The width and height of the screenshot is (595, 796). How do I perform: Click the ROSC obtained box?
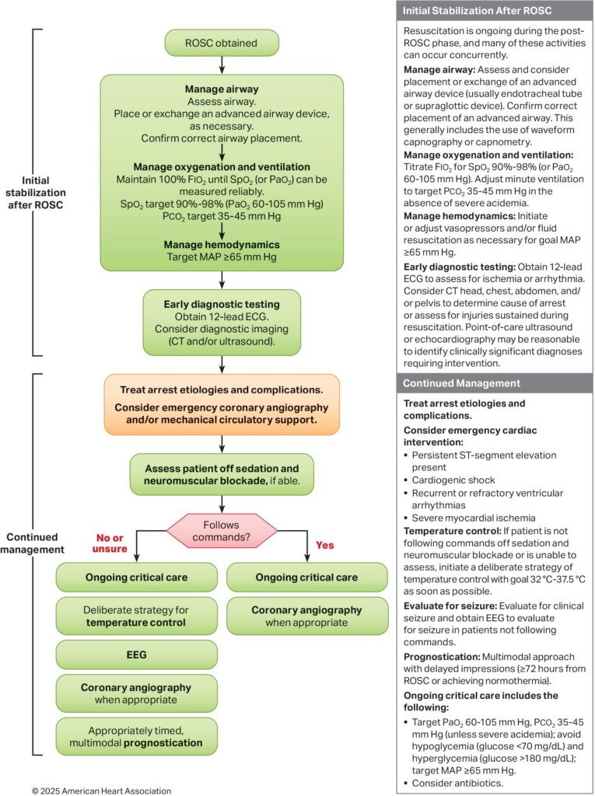pyautogui.click(x=222, y=43)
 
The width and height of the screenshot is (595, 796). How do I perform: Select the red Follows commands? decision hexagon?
pyautogui.click(x=222, y=531)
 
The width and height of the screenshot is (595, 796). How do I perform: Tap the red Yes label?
pyautogui.click(x=325, y=545)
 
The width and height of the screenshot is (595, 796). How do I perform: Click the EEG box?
pyautogui.click(x=136, y=655)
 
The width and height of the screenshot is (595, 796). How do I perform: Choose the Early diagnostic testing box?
pyautogui.click(x=222, y=321)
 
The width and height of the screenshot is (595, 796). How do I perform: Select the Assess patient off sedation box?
pyautogui.click(x=222, y=474)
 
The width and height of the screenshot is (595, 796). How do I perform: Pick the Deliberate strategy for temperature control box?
pyautogui.click(x=136, y=616)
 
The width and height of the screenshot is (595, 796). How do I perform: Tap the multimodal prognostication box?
pyautogui.click(x=136, y=735)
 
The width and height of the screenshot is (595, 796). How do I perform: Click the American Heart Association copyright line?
pyautogui.click(x=101, y=790)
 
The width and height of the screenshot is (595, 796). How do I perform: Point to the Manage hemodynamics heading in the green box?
pyautogui.click(x=222, y=243)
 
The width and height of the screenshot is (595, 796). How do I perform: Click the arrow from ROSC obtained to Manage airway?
pyautogui.click(x=222, y=65)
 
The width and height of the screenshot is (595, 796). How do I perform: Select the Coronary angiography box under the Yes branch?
pyautogui.click(x=306, y=616)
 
